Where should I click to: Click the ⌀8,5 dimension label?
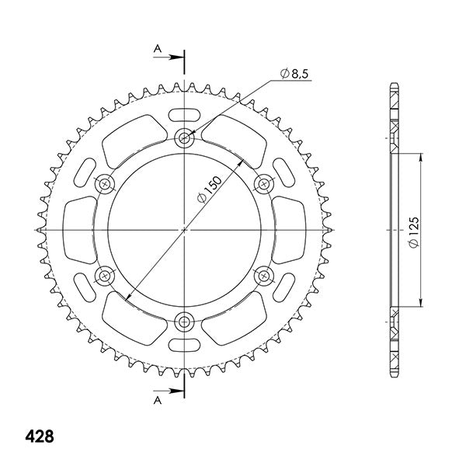tap(294, 74)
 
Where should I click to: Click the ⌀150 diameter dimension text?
tap(210, 190)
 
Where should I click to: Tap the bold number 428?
tap(40, 436)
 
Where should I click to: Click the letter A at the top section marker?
tap(157, 48)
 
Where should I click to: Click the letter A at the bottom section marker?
tap(157, 401)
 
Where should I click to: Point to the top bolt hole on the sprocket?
tap(185, 137)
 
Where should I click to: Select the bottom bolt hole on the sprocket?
tap(185, 322)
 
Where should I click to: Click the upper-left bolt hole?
tap(105, 184)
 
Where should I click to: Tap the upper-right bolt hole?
tap(264, 184)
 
